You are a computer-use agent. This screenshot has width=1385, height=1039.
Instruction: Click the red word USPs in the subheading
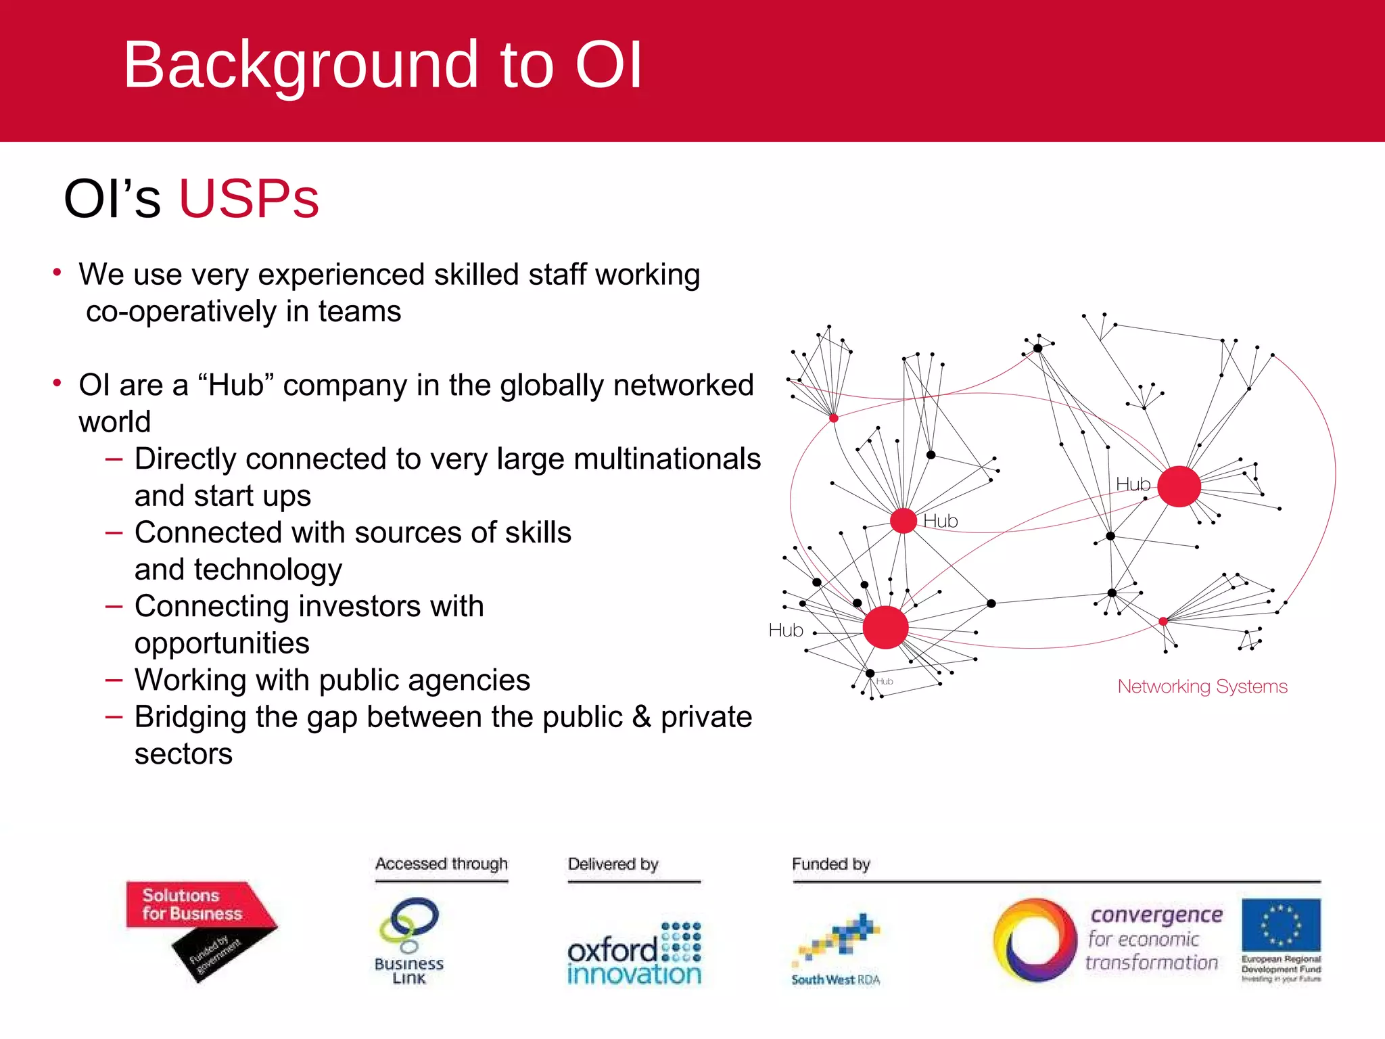point(248,199)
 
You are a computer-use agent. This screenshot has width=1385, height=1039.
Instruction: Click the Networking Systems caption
point(1202,687)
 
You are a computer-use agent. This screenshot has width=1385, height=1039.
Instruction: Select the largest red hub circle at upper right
point(1179,486)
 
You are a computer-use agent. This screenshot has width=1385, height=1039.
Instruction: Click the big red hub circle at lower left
point(885,628)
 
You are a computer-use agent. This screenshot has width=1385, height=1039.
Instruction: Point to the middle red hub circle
point(903,521)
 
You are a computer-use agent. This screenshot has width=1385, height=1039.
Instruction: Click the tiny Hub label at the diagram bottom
point(885,681)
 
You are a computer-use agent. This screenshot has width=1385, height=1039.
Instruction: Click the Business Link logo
point(409,940)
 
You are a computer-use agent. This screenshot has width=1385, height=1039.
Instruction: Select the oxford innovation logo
point(634,954)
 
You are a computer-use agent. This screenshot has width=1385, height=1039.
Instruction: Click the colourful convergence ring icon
point(1034,940)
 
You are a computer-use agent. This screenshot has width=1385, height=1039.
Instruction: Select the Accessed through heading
point(441,864)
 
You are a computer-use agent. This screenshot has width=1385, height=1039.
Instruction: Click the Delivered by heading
point(613,864)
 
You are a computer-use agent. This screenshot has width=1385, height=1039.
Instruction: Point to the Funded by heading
point(830,864)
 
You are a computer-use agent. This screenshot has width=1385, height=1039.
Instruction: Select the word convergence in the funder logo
point(1156,915)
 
